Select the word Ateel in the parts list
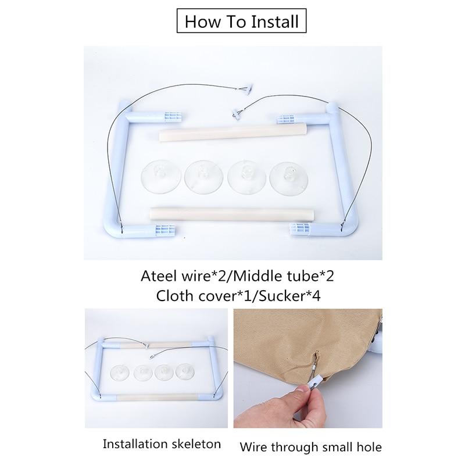coord(157,276)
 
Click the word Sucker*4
coord(289,296)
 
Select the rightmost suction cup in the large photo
coord(289,178)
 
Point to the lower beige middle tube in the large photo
coord(231,214)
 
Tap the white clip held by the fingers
coord(316,382)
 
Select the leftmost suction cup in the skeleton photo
coord(120,372)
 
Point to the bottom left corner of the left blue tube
coord(108,232)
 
